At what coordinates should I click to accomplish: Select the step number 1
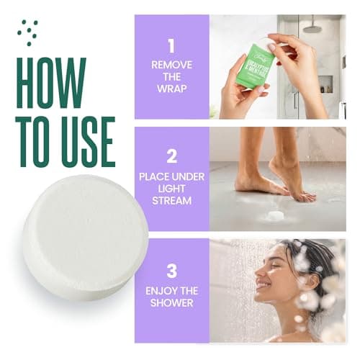(171, 46)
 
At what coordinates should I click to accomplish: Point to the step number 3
(171, 271)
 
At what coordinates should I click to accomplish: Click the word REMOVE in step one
(171, 65)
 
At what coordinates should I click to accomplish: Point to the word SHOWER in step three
(171, 303)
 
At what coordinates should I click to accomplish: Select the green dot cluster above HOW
(28, 30)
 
